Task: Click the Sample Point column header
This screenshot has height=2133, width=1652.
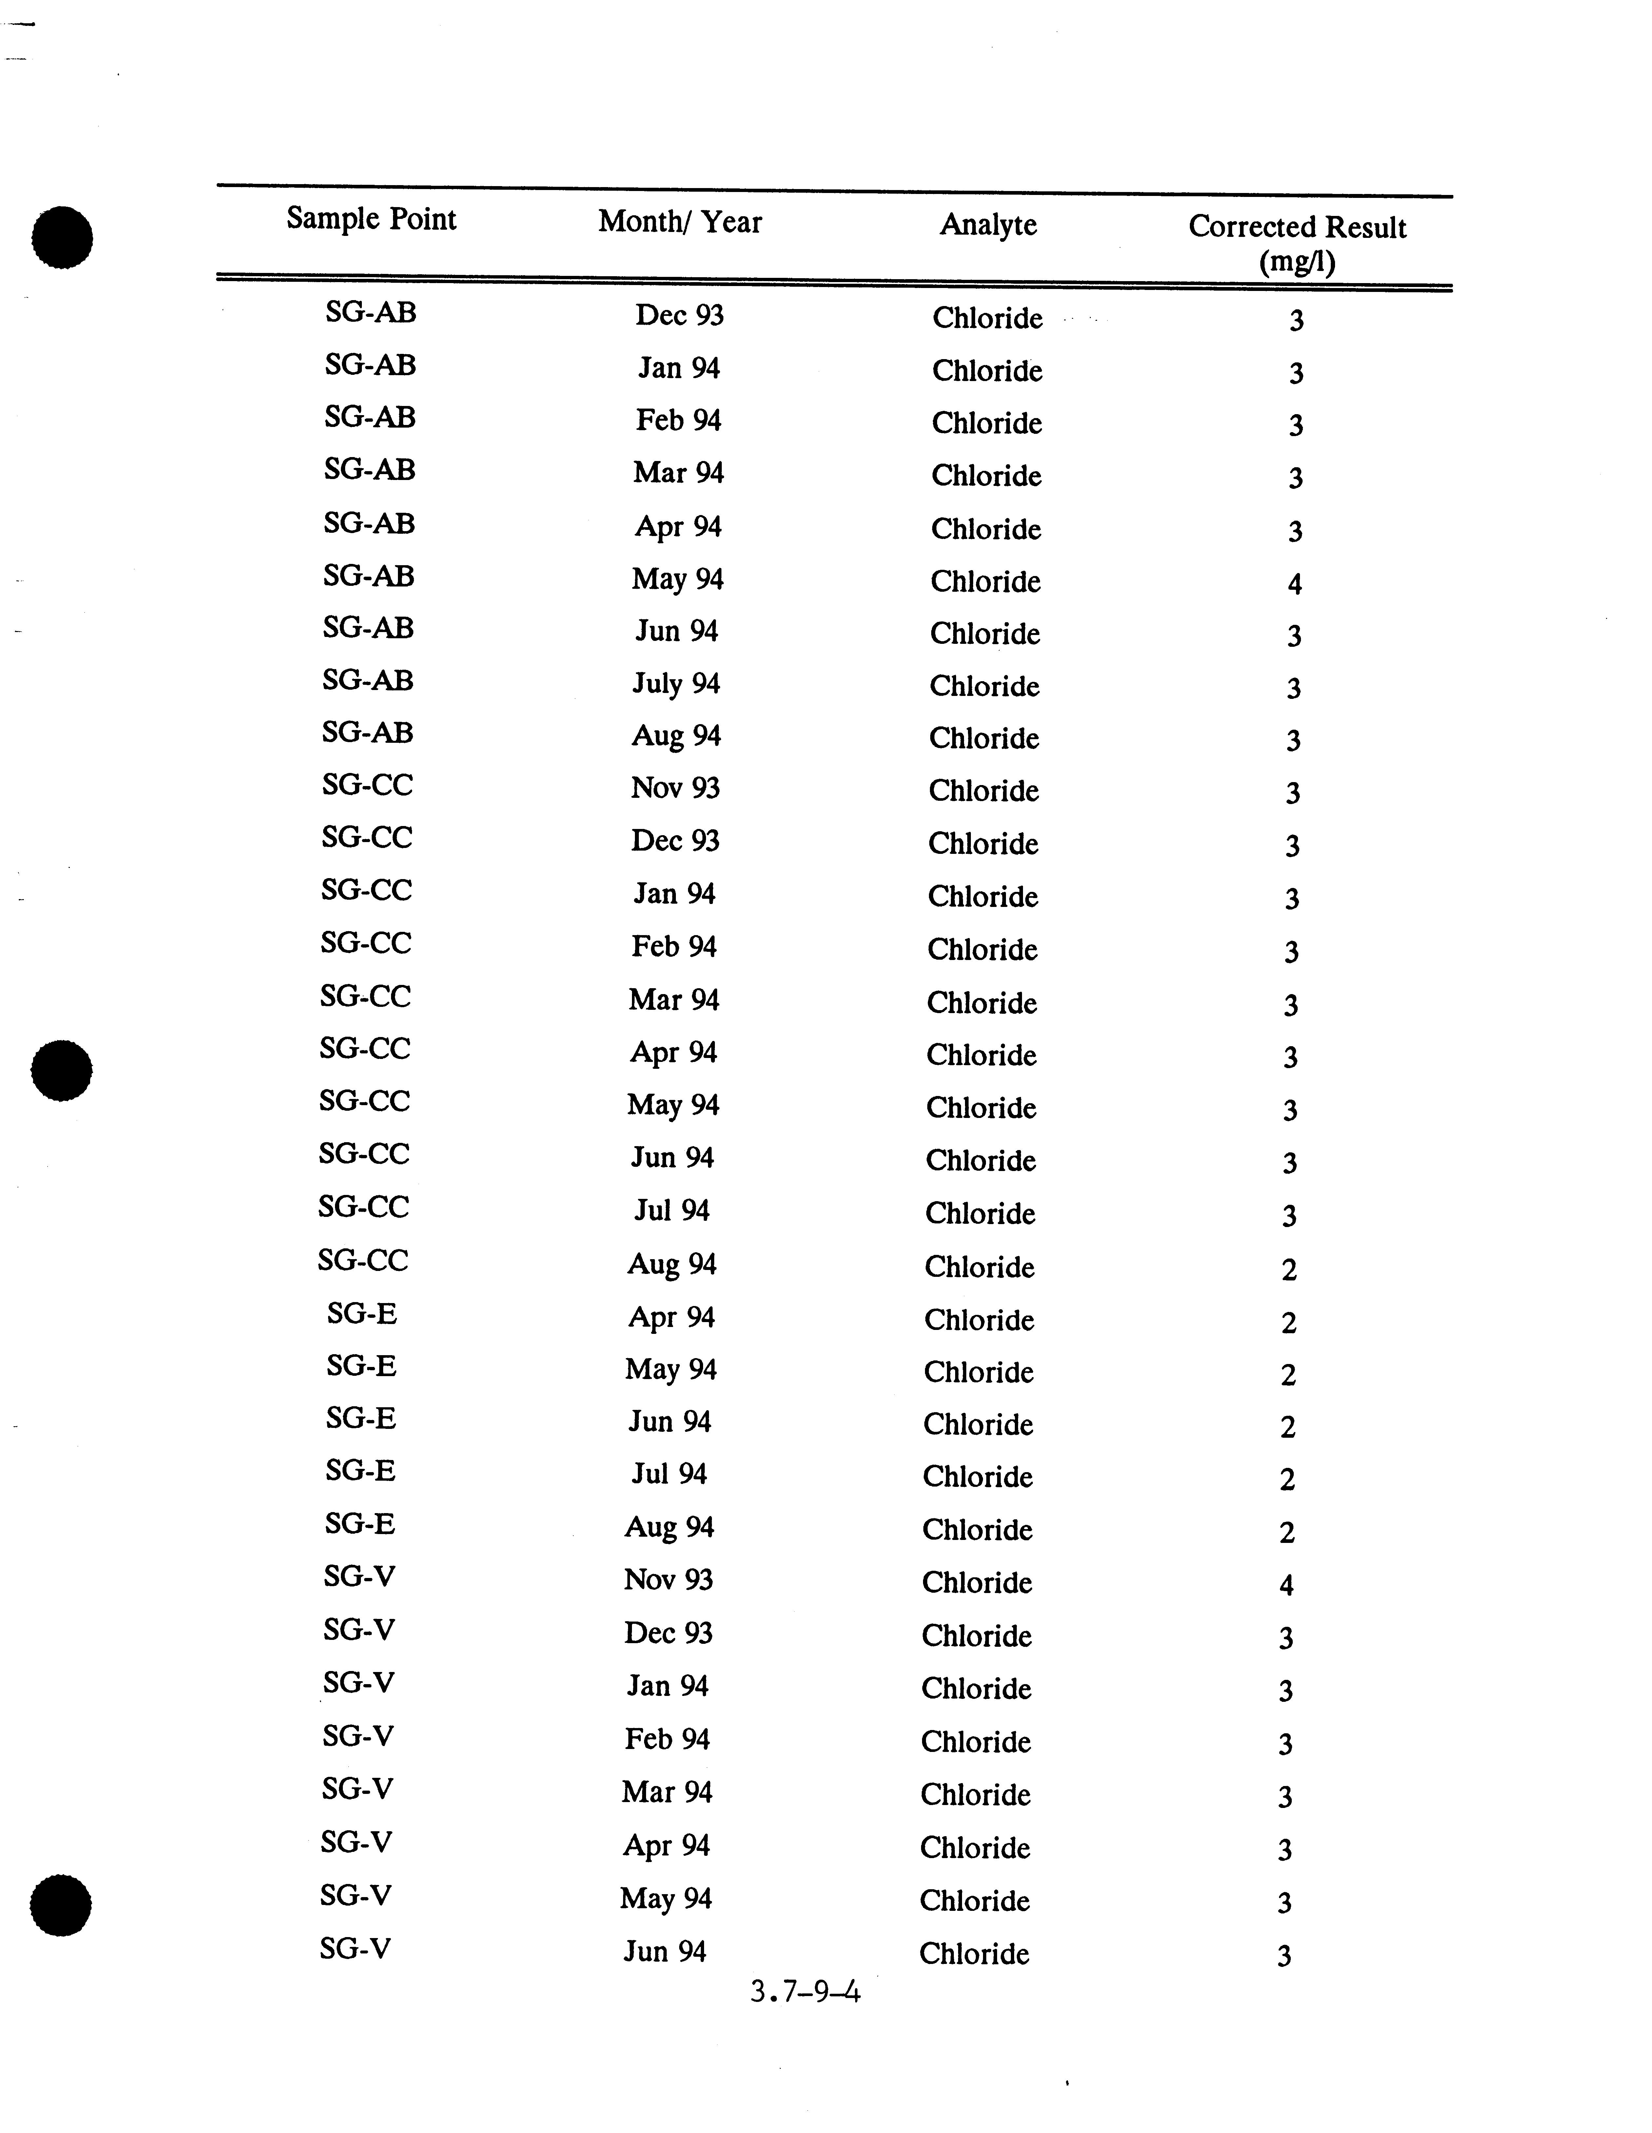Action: point(371,218)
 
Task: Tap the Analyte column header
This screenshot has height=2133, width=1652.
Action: point(988,225)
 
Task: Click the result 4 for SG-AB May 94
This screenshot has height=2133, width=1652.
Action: point(1294,584)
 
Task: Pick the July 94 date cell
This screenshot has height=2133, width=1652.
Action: point(676,684)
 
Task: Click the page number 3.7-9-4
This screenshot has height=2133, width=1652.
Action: point(805,1990)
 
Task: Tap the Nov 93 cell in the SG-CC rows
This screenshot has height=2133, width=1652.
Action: point(675,787)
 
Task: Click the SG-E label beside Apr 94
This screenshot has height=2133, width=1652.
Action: point(362,1314)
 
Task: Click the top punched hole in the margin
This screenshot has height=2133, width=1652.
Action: point(62,237)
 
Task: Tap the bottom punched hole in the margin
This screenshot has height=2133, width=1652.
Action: point(61,1904)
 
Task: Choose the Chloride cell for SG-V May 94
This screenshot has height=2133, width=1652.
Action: point(974,1901)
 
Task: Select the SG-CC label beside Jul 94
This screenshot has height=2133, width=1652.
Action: point(364,1207)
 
